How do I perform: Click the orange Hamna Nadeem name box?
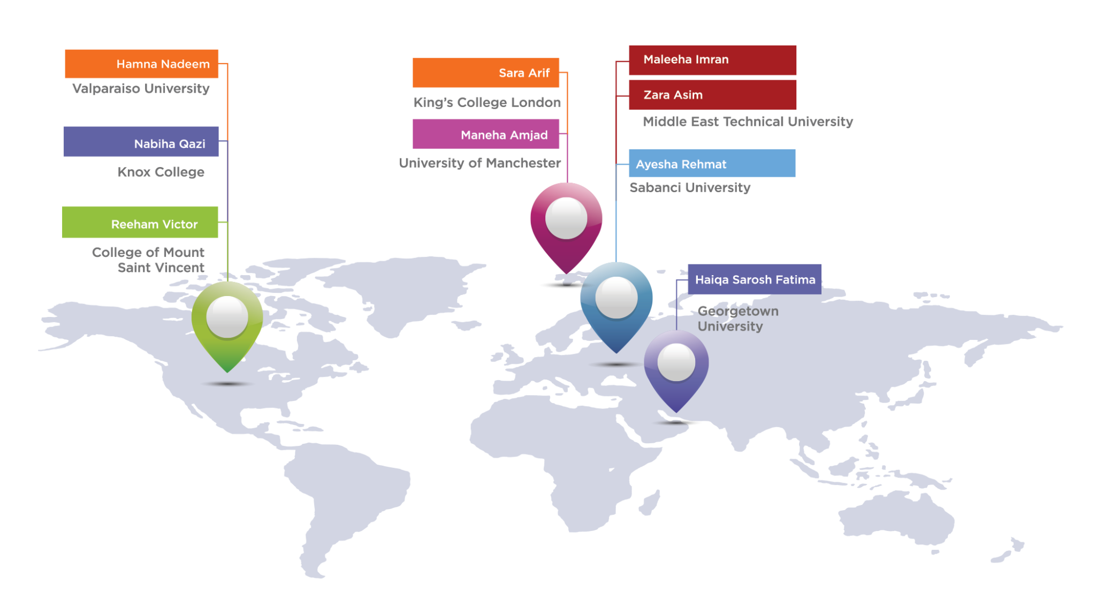(x=141, y=64)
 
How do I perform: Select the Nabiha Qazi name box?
(x=141, y=142)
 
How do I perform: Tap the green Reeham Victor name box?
(x=140, y=222)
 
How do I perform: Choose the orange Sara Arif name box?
(x=486, y=73)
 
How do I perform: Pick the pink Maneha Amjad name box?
(x=486, y=134)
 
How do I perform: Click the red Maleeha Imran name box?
(x=712, y=60)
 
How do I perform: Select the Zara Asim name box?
(x=712, y=95)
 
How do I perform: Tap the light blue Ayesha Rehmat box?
(x=712, y=163)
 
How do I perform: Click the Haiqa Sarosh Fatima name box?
(x=755, y=279)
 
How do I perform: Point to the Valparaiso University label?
(x=141, y=88)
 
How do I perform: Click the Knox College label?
(x=161, y=172)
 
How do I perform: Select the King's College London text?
(x=487, y=102)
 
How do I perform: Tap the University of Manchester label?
(x=480, y=163)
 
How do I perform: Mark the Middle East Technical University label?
(x=748, y=122)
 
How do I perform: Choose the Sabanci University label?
(x=690, y=187)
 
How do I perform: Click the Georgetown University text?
(x=738, y=319)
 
